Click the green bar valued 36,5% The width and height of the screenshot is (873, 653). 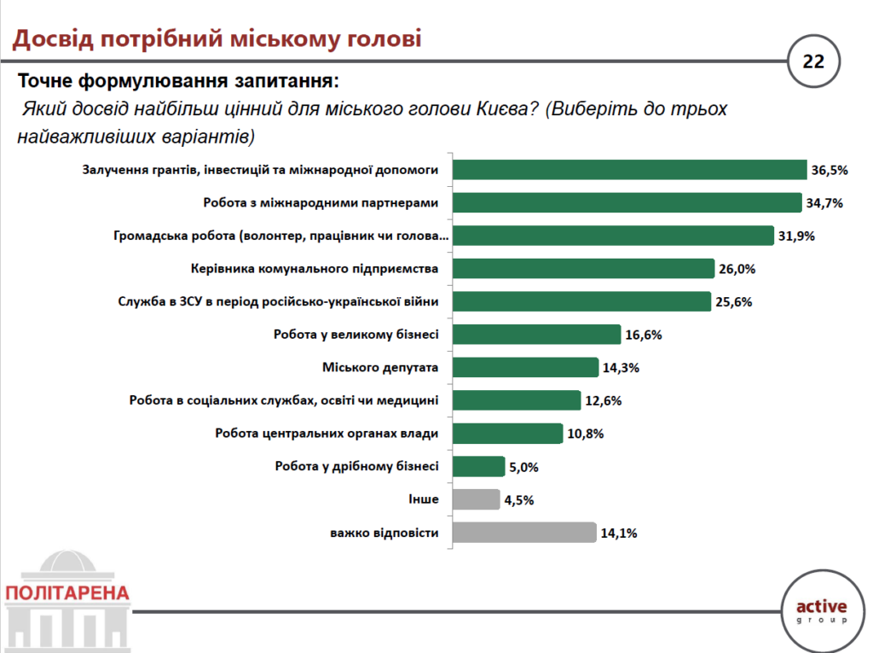(629, 170)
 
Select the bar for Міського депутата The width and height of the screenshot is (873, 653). (525, 368)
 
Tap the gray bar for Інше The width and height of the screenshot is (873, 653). (476, 500)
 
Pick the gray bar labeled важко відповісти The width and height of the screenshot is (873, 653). (523, 533)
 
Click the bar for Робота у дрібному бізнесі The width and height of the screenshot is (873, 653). (478, 467)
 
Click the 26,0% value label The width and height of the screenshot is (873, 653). (737, 269)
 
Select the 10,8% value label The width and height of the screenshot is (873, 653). (585, 434)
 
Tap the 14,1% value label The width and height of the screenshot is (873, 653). (619, 533)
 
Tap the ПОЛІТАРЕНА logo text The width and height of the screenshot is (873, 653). (66, 592)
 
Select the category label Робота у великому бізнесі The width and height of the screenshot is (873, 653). (356, 335)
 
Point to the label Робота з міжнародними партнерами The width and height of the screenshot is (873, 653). (321, 203)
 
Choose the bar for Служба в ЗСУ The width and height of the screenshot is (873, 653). (581, 302)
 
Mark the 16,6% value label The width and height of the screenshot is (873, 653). (644, 335)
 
